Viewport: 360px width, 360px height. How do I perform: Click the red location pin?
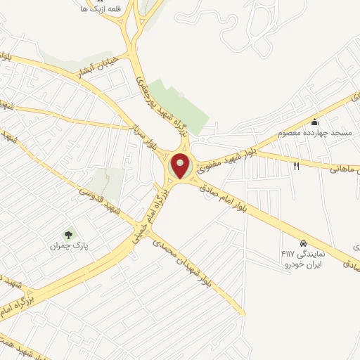[x=181, y=167]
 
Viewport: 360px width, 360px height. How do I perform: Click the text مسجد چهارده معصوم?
[x=308, y=132]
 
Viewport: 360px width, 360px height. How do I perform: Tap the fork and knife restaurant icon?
[x=296, y=167]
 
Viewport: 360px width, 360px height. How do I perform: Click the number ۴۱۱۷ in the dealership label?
[x=288, y=252]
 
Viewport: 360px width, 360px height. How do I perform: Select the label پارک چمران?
[x=68, y=247]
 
